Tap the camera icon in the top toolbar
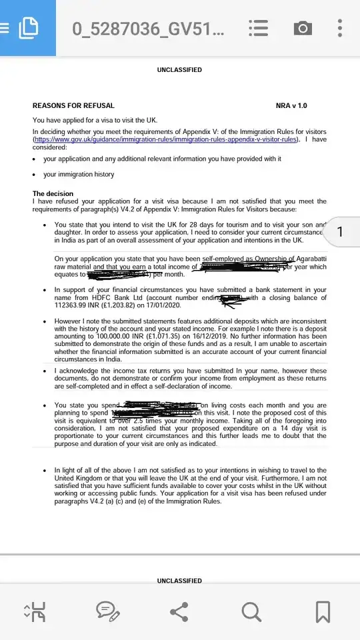pos(302,28)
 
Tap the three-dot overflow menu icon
pos(340,28)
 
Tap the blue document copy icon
pos(28,28)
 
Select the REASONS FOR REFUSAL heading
pos(73,105)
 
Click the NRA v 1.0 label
pos(291,105)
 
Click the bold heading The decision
pos(53,194)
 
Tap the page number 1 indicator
pos(340,231)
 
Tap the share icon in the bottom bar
pos(179,611)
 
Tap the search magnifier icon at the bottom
pos(251,611)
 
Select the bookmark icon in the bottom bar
pos(323,611)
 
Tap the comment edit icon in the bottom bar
pos(107,611)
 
